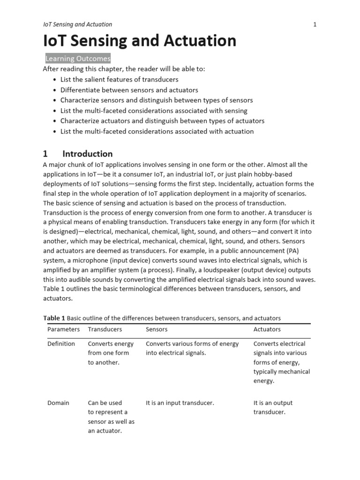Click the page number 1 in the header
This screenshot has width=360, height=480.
pos(315,24)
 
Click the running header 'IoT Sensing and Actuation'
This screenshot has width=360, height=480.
pos(77,24)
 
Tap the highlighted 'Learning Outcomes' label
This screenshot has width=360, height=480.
pos(78,59)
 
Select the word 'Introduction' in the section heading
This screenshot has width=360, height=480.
pos(88,154)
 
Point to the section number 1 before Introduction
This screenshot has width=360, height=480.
pos(45,154)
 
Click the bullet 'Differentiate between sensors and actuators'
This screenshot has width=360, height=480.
pos(129,90)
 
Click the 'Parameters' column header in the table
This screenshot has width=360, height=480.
pos(63,330)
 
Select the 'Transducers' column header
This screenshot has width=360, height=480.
pos(105,330)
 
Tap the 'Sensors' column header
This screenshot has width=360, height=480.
pos(157,330)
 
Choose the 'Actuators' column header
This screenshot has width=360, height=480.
pos(267,330)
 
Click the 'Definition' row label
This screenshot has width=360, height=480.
pos(61,344)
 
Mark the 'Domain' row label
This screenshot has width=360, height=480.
pos(58,403)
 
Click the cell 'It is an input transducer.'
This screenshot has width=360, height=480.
pos(180,403)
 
